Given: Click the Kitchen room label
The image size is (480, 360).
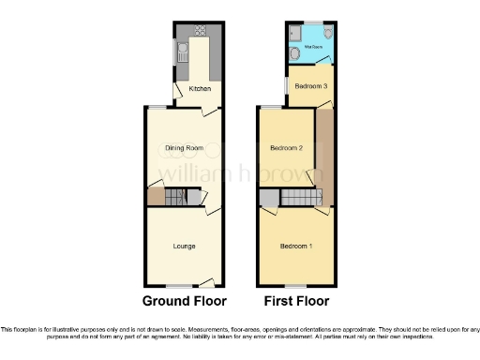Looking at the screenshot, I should click(199, 89).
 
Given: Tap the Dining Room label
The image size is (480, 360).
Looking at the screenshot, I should click(184, 148).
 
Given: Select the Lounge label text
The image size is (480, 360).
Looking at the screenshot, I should click(184, 247).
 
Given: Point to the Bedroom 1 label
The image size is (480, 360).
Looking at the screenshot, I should click(297, 247).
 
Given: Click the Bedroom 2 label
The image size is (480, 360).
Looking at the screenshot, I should click(286, 148).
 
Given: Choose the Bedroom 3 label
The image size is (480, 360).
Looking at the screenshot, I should click(310, 86).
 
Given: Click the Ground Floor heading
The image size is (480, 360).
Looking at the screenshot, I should click(184, 302).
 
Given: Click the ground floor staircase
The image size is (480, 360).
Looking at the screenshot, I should click(177, 198).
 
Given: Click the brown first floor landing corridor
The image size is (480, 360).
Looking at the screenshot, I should click(324, 155).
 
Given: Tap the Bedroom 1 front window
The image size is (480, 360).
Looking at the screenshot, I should click(296, 285).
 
